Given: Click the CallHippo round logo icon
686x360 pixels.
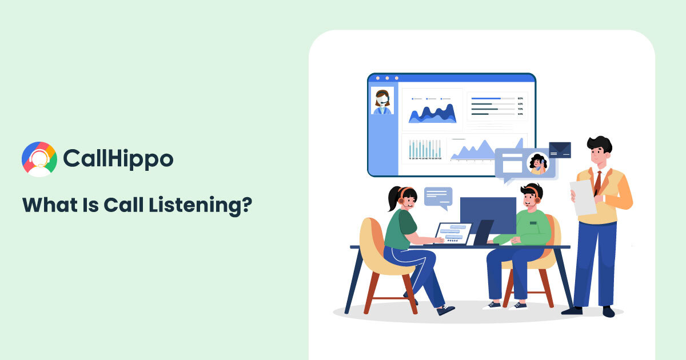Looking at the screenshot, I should (39, 159).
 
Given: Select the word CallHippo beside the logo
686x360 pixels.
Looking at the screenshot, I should (118, 158).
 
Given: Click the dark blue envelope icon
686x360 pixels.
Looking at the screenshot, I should (560, 150).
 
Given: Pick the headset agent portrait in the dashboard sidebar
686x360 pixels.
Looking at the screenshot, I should (382, 101).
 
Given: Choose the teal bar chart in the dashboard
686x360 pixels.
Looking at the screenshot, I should (425, 149).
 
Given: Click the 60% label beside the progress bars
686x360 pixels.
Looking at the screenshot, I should (520, 99).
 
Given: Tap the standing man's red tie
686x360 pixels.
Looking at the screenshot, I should (597, 182).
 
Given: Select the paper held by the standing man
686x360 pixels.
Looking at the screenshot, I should (583, 198).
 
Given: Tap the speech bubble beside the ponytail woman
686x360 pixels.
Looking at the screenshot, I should (438, 196).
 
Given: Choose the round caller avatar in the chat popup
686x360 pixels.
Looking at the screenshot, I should (537, 163).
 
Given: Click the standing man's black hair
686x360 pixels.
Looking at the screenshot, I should (599, 143).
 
